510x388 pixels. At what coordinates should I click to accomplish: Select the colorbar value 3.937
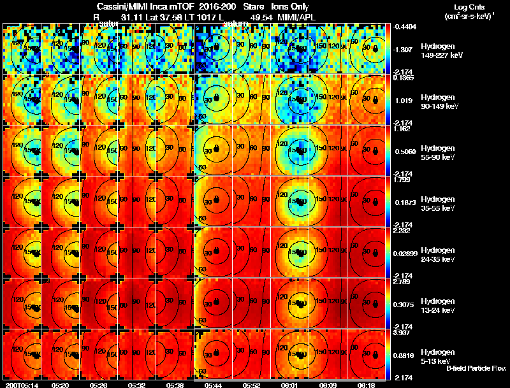coord(404,333)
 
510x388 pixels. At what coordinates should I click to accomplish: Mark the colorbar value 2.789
coord(404,282)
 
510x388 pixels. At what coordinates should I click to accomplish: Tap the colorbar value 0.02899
coord(407,254)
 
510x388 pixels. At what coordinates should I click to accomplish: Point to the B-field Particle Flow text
coord(476,368)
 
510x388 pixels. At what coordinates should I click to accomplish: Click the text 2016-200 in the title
coord(215,7)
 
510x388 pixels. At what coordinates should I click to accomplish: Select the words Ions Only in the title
coord(289,7)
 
